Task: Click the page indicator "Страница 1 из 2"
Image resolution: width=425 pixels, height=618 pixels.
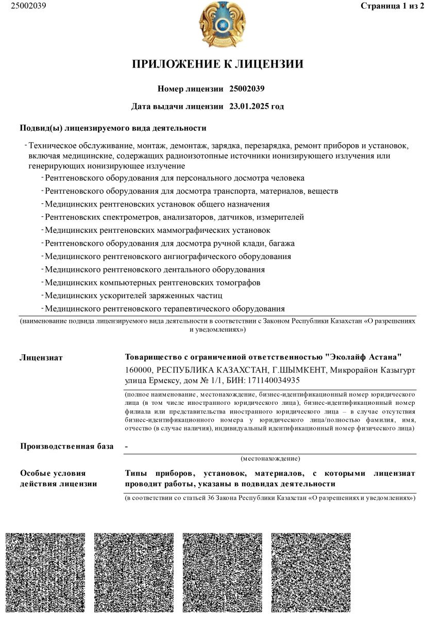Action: point(391,6)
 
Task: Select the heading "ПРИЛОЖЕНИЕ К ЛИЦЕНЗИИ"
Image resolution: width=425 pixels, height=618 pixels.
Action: point(218,64)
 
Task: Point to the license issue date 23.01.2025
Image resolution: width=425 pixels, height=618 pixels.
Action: point(250,107)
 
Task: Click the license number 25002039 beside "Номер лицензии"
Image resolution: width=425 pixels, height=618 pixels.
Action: point(247,89)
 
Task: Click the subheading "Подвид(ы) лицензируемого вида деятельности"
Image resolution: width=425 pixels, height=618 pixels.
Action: point(113,128)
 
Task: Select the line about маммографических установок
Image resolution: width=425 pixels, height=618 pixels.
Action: point(157,230)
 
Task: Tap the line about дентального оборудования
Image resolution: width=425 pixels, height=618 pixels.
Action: point(155,269)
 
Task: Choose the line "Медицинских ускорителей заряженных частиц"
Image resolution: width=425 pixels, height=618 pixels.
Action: point(133,296)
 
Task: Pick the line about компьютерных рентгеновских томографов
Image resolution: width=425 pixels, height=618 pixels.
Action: point(152,283)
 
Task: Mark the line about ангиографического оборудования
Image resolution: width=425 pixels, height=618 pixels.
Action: point(168,256)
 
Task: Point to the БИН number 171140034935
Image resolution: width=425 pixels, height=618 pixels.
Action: point(274,381)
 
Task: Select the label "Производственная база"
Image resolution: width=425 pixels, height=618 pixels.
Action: point(66,446)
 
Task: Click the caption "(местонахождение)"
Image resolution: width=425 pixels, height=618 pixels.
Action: point(270,458)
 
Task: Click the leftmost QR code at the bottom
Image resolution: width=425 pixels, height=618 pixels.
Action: point(45,572)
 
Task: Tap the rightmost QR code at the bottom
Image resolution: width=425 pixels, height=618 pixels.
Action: point(311,572)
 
